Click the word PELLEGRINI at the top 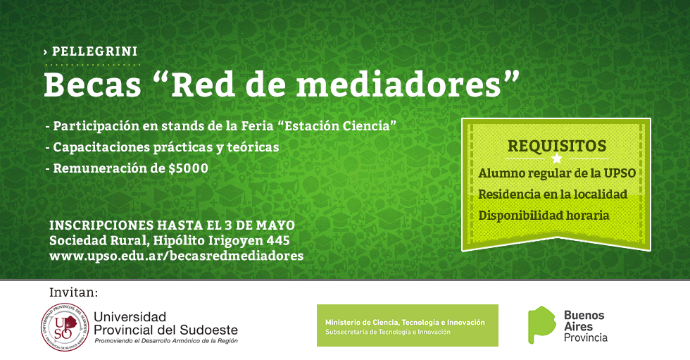(x=94, y=51)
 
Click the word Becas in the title (x=92, y=85)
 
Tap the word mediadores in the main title (x=399, y=85)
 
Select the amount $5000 (x=189, y=168)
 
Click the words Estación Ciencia (x=337, y=126)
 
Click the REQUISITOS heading (x=557, y=146)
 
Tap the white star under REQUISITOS (x=557, y=159)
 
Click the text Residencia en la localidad (x=553, y=194)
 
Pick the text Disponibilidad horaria (x=544, y=215)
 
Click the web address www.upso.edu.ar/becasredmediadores (x=177, y=256)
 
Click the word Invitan (x=73, y=292)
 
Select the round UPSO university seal (x=65, y=327)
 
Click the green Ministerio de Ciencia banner (x=408, y=325)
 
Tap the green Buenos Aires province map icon (x=541, y=325)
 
